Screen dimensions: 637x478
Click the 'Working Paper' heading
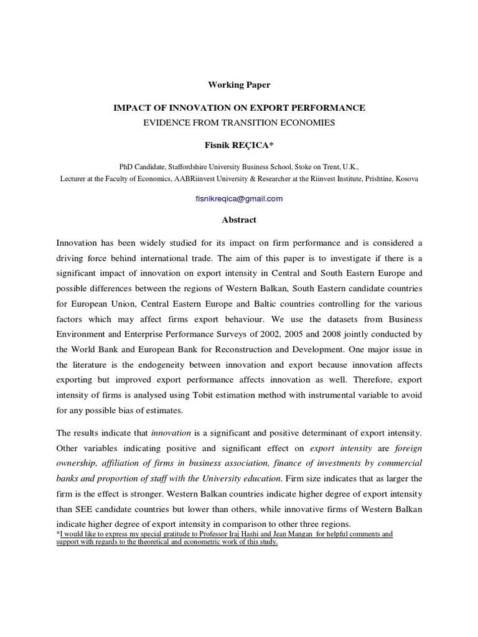point(239,85)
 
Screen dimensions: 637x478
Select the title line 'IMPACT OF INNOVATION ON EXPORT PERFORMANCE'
point(239,108)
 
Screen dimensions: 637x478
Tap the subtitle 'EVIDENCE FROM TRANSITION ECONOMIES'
point(239,123)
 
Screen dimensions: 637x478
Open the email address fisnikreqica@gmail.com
point(239,198)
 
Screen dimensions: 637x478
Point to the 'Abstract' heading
point(239,220)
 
